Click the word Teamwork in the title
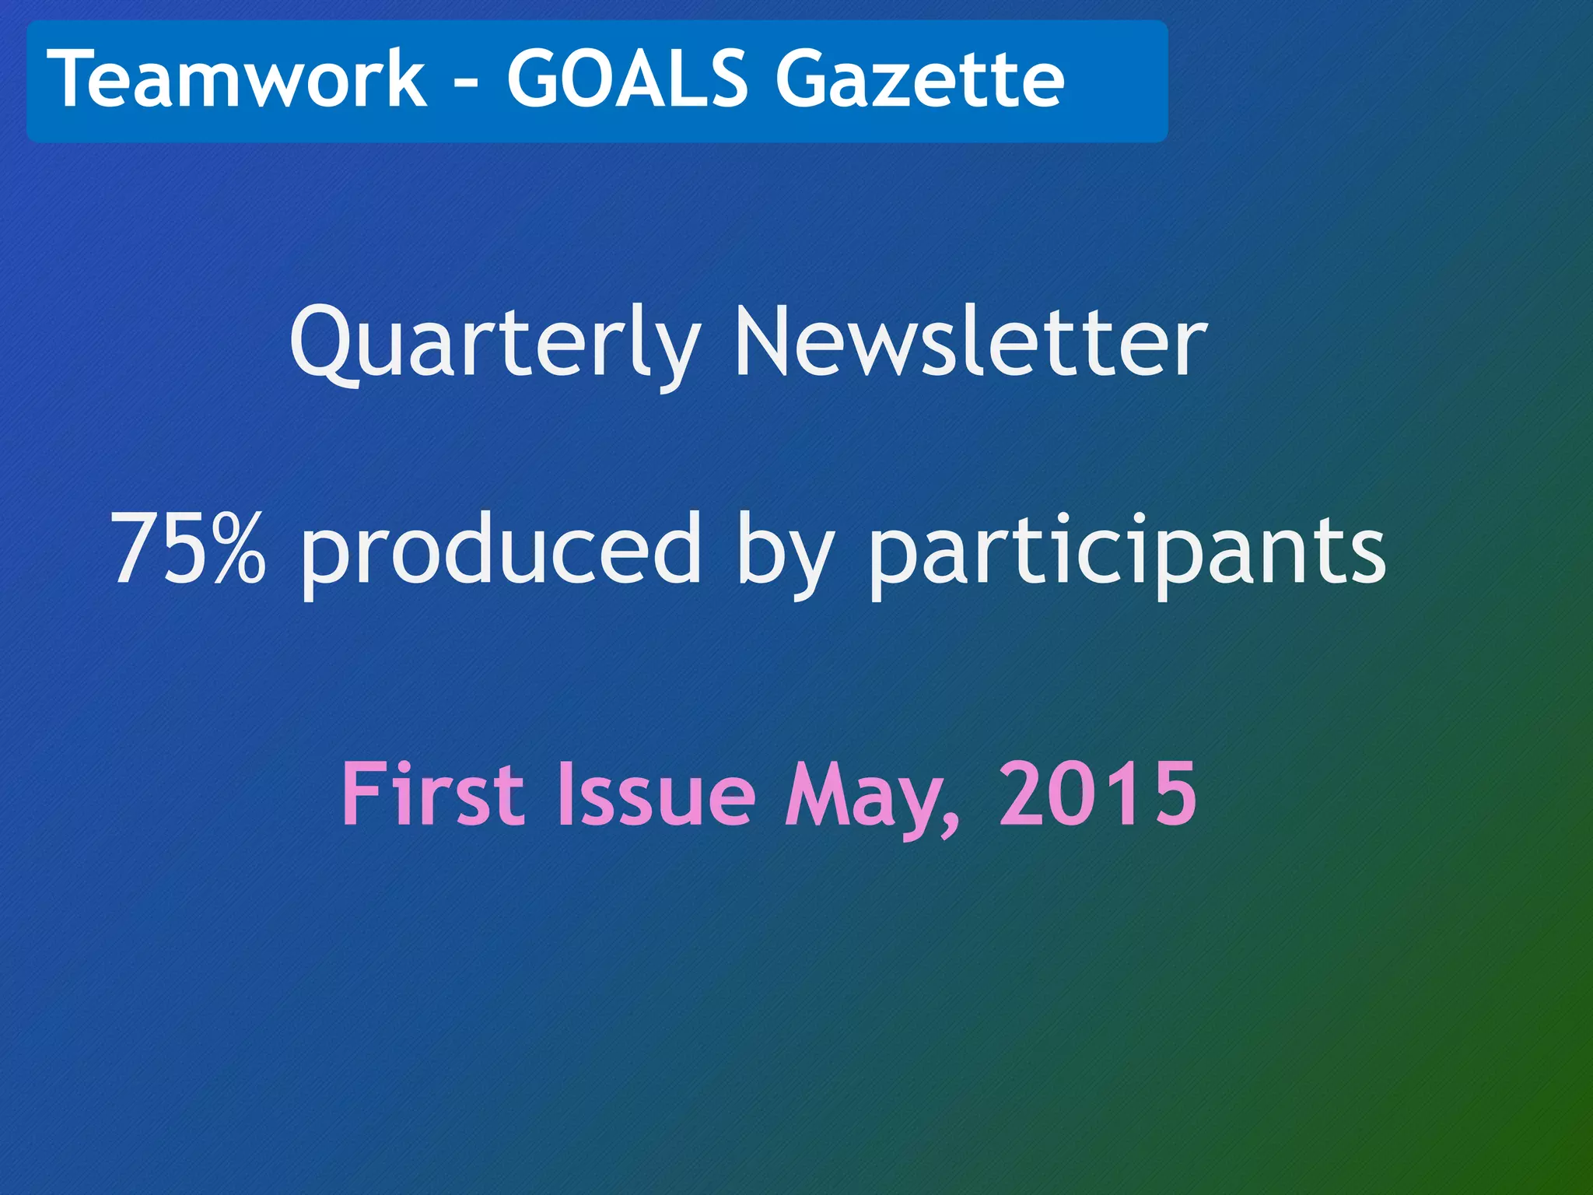tap(237, 79)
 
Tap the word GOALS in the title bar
tap(626, 79)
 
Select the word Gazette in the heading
tap(920, 79)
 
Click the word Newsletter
tap(970, 342)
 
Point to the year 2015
tap(1098, 794)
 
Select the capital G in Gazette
tap(804, 79)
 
